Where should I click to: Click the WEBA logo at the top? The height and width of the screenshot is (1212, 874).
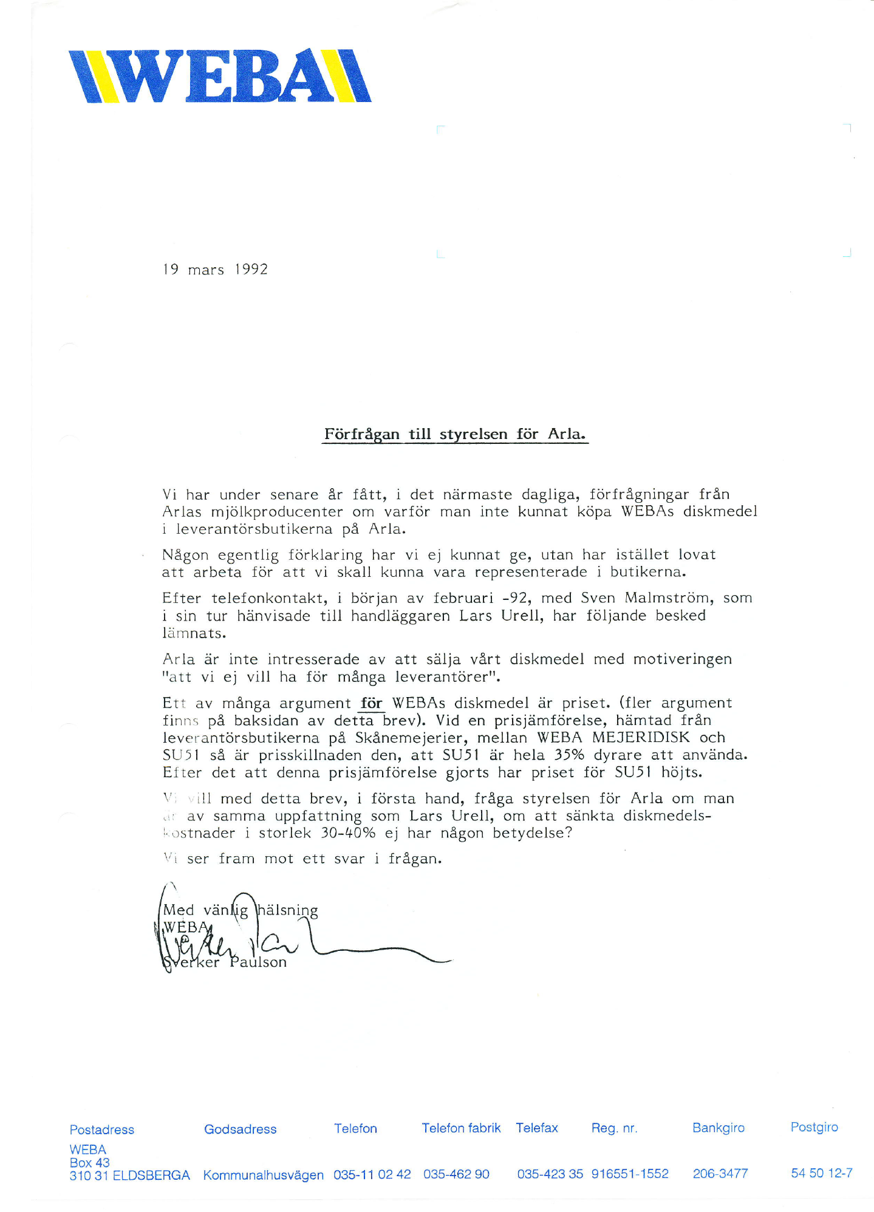tap(220, 76)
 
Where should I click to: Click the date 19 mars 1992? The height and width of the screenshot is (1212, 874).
tap(215, 270)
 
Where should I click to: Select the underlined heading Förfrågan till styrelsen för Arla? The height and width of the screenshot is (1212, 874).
tap(454, 434)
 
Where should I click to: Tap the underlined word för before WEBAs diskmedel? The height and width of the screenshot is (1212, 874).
tap(371, 704)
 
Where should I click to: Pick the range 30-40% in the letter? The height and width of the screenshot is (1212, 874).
tap(348, 833)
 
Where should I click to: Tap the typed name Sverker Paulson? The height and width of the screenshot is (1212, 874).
tap(225, 962)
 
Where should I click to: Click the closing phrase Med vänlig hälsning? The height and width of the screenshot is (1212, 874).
tap(241, 910)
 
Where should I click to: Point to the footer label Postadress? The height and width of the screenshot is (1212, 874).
tap(102, 1130)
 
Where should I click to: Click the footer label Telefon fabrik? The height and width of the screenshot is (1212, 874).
tap(461, 1128)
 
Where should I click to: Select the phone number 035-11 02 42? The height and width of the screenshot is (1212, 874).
tap(372, 1174)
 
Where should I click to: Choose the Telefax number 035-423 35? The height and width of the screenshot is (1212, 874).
tap(550, 1174)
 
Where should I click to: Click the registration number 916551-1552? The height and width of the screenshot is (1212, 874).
tap(630, 1174)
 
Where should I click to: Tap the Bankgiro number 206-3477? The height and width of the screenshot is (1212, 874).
tap(720, 1174)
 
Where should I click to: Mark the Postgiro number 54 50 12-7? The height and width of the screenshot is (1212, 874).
tap(821, 1173)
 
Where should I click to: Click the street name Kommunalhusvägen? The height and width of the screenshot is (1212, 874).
tap(263, 1175)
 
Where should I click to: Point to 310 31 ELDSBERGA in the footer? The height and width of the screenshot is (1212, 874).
tap(129, 1176)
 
